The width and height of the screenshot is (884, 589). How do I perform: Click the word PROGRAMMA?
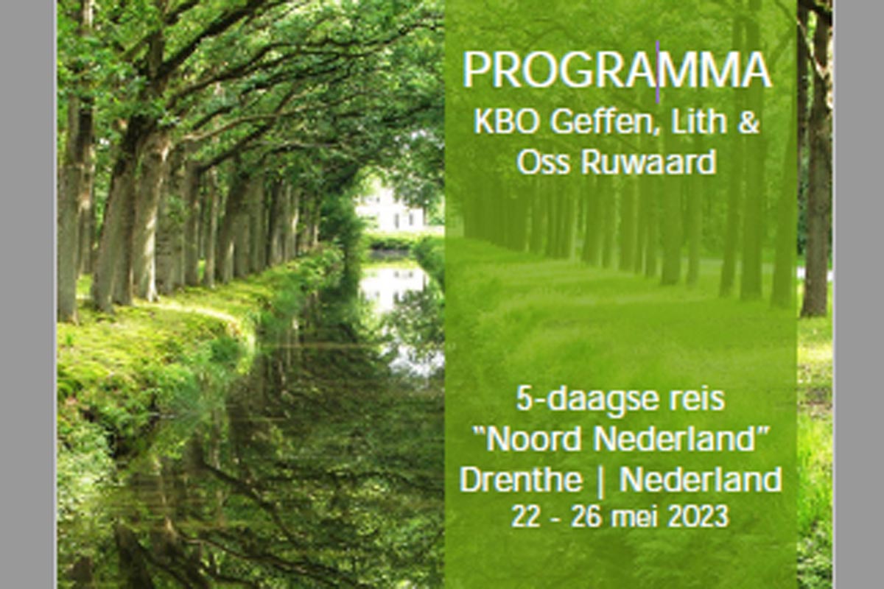click(x=617, y=70)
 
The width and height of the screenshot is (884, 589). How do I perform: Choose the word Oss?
click(x=544, y=163)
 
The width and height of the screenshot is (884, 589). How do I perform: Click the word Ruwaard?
click(x=648, y=162)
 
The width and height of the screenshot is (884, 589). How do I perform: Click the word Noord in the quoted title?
click(x=536, y=439)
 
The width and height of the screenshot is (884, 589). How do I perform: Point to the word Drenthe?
click(x=521, y=479)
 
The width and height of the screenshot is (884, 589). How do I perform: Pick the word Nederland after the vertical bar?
click(x=701, y=479)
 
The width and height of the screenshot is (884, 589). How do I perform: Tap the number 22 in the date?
click(x=525, y=517)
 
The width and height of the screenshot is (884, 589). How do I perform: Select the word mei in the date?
click(x=634, y=517)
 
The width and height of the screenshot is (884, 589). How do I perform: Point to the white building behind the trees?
click(x=390, y=210)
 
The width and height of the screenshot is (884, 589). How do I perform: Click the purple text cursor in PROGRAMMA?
click(x=657, y=72)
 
